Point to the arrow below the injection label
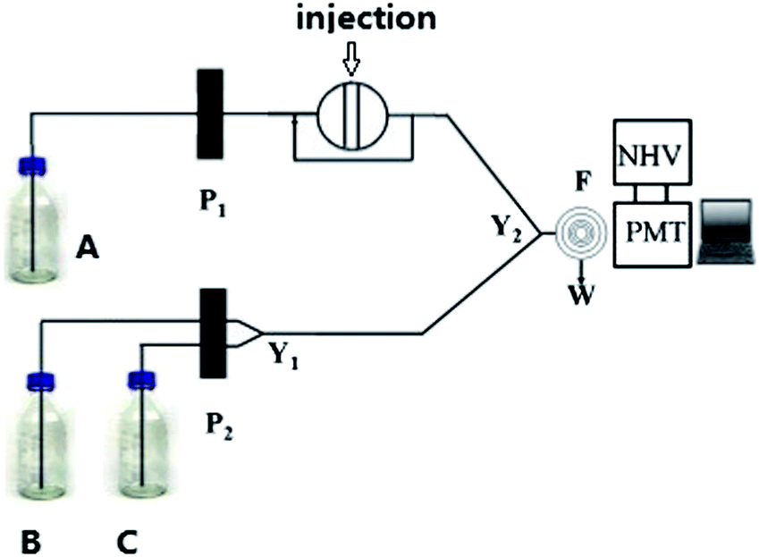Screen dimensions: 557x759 pos(350,62)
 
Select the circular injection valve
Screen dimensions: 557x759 pos(351,115)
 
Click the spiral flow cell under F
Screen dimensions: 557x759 pos(574,232)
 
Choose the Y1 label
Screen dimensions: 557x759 pos(283,355)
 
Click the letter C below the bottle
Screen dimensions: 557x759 pos(128,541)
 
